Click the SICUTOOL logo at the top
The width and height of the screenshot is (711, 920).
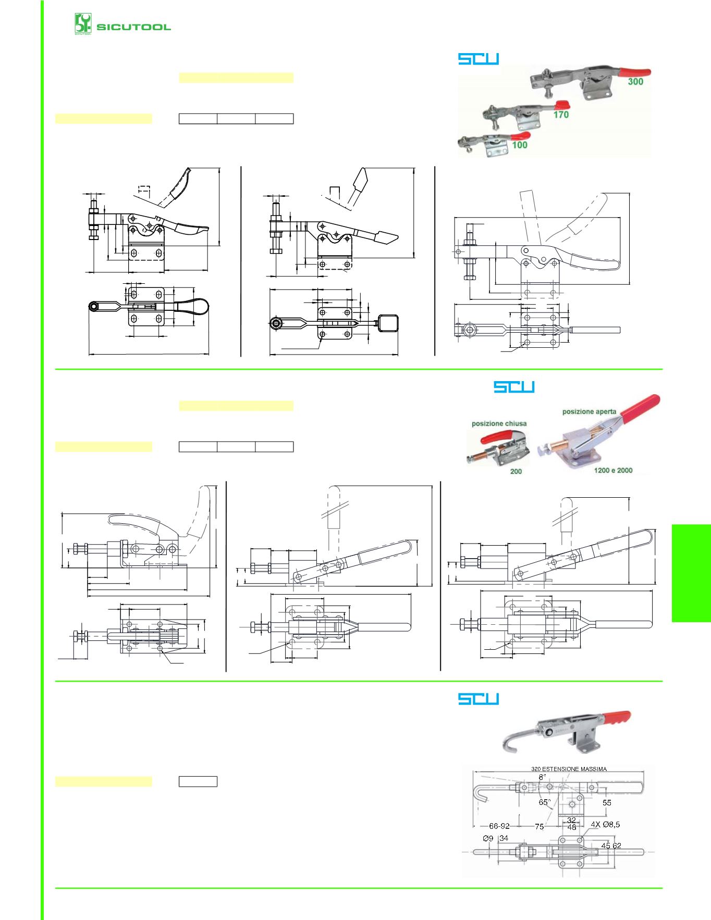pos(123,24)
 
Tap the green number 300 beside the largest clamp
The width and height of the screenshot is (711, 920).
pos(635,82)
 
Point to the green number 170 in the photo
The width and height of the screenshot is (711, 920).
pos(561,115)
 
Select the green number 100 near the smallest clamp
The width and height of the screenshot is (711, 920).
pos(520,145)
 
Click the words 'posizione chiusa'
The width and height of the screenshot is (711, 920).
pos(499,423)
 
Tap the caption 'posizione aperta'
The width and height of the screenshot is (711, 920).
pos(589,411)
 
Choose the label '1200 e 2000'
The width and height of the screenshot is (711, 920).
pos(613,470)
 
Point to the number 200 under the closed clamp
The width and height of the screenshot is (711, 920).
pos(516,471)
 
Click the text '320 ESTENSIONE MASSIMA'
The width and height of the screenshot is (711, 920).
pos(569,769)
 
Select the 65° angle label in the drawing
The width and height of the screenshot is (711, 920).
pos(544,802)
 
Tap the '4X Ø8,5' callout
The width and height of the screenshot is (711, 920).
pos(605,825)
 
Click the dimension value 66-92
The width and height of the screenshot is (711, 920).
pos(499,826)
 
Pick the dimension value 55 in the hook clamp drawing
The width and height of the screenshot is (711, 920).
pos(607,803)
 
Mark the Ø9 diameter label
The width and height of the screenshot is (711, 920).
pos(488,838)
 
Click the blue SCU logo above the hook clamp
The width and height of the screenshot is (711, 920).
pos(479,699)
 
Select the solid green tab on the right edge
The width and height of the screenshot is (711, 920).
pos(691,573)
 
